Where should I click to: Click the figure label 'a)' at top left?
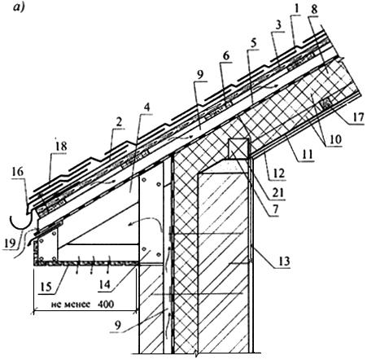pos(19,7)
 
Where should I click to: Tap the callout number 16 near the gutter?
pos(18,172)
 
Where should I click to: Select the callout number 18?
pos(60,147)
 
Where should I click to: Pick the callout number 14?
pos(104,284)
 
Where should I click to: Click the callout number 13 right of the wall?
pos(284,261)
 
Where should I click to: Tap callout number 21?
pos(278,192)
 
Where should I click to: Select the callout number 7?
pos(275,209)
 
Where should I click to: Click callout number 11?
pos(307,156)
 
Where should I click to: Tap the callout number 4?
pos(146,108)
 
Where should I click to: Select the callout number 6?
pos(226,56)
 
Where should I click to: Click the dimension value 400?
pos(105,304)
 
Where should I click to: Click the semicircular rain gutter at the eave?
pos(21,222)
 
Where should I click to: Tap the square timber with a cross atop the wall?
pos(238,148)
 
